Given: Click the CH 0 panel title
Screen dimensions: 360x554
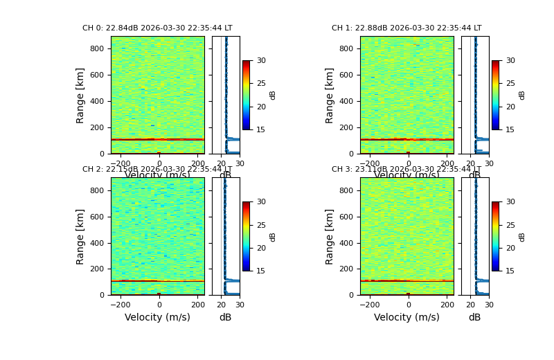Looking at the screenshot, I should (157, 28).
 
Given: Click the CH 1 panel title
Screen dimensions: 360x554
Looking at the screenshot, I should (406, 28).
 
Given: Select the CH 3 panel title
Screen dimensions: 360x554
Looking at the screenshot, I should (406, 170).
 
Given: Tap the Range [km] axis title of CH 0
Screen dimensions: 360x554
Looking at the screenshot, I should (80, 95).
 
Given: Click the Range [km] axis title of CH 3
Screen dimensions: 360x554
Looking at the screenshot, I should (330, 236).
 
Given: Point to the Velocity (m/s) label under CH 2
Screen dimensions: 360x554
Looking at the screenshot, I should (157, 317).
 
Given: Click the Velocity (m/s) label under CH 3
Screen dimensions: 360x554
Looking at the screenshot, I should (406, 317).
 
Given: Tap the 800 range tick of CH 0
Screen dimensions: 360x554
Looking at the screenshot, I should (97, 48).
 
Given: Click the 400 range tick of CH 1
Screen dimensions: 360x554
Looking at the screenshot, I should (346, 101).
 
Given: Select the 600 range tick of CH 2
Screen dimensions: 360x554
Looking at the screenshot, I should (97, 217).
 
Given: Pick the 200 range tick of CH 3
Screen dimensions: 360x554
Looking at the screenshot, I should (346, 269).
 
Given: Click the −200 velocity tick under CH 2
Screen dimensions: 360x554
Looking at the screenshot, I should (121, 305).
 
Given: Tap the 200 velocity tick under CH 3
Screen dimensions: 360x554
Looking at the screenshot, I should (446, 305).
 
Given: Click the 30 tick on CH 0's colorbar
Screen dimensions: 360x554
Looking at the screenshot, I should (261, 60).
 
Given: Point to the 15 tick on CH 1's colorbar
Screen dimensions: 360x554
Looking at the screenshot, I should (510, 129).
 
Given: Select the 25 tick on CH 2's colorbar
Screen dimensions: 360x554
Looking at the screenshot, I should (261, 225).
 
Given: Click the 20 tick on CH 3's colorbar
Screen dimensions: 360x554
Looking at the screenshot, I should (510, 248).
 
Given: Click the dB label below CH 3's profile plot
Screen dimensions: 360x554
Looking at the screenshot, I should (474, 317).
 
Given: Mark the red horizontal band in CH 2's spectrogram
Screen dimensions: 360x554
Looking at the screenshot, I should (157, 280).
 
